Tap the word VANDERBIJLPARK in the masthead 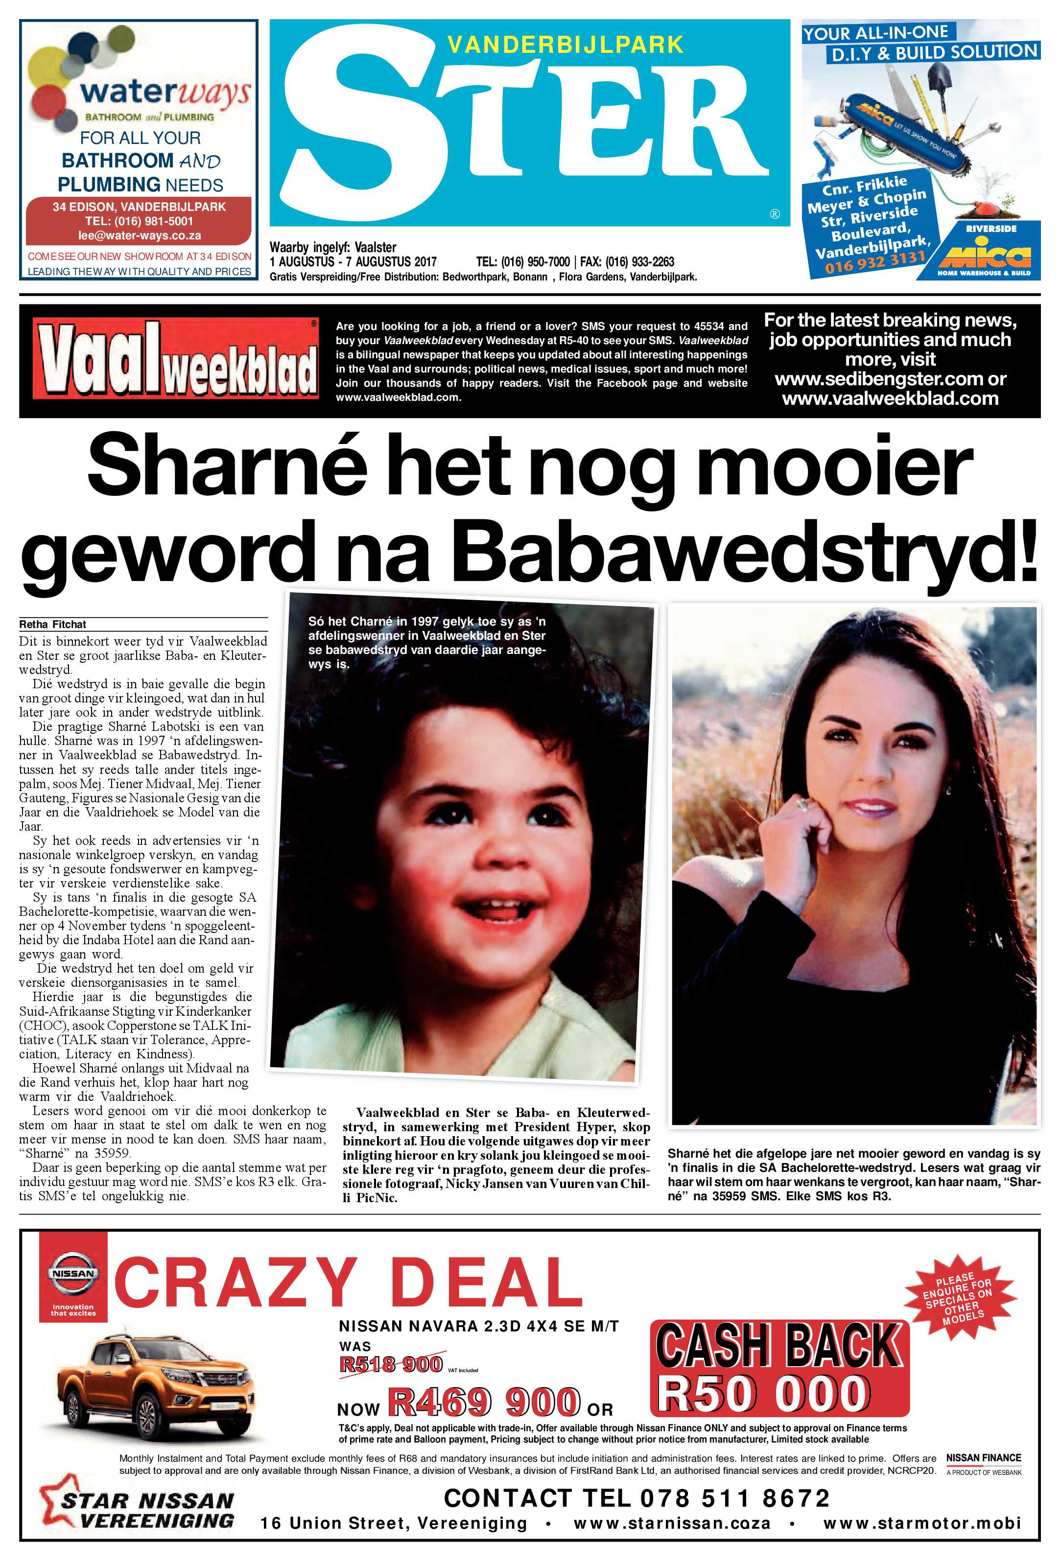click(565, 45)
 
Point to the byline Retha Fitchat click(53, 624)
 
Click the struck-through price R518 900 click(390, 1364)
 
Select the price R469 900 click(484, 1402)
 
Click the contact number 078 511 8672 click(735, 1497)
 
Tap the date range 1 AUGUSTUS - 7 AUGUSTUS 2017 click(353, 262)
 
